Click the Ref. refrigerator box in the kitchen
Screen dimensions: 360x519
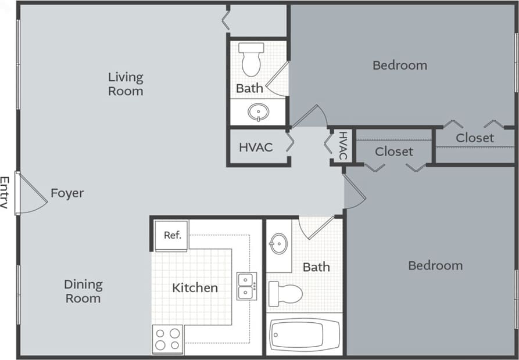(171, 235)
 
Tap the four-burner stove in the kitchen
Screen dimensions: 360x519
(167, 339)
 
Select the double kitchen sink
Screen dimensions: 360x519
(246, 286)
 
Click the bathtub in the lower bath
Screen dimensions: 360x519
(304, 335)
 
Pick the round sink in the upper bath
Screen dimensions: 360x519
(257, 111)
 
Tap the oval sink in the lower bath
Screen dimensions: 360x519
(279, 243)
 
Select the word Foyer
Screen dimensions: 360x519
(67, 193)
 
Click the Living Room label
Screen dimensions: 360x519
(126, 84)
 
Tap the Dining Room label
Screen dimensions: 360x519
(83, 291)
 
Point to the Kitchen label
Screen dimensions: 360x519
(195, 287)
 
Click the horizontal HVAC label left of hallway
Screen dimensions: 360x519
(256, 147)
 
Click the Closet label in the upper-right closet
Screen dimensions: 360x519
(475, 138)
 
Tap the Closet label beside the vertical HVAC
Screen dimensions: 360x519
(394, 152)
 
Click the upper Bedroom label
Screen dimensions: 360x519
(400, 65)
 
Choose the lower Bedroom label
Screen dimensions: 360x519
(435, 265)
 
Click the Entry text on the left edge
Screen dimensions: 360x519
(5, 193)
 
